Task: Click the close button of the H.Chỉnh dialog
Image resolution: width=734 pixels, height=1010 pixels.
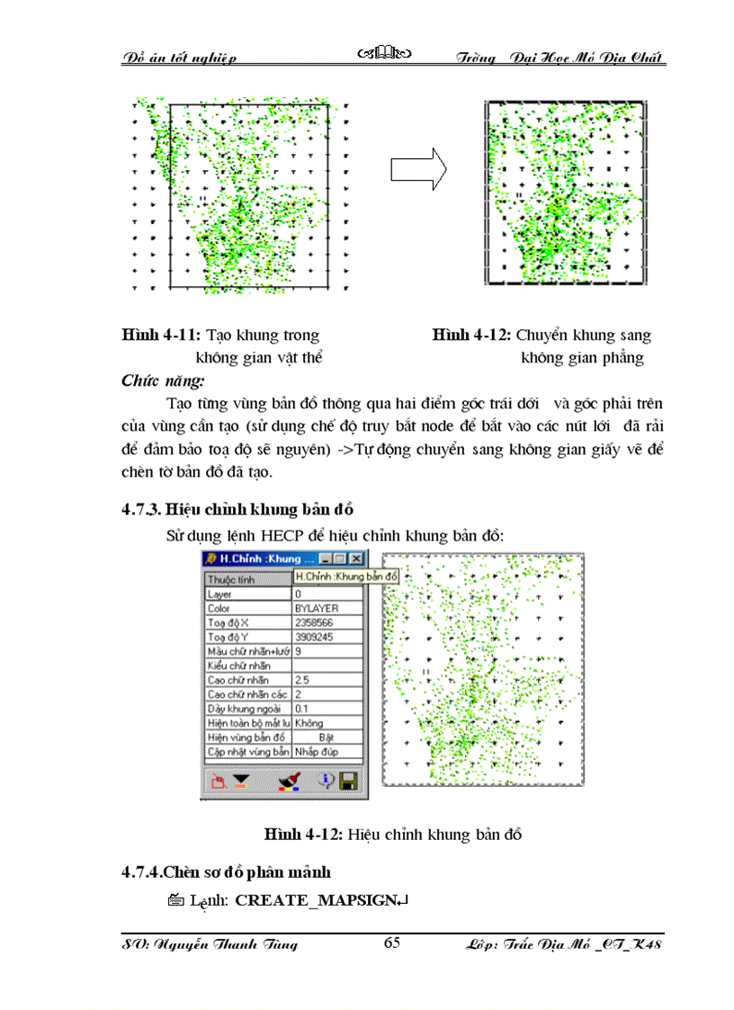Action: [355, 559]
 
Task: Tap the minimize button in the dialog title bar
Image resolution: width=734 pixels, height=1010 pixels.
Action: [327, 559]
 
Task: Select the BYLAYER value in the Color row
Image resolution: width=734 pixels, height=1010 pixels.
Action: [327, 608]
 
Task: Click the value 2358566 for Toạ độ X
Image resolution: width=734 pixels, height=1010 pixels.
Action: [327, 622]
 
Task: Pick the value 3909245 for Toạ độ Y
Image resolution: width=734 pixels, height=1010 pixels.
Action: [327, 637]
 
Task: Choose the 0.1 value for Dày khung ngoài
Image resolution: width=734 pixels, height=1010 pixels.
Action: [327, 709]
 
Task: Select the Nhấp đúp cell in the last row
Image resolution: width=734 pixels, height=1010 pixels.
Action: [327, 751]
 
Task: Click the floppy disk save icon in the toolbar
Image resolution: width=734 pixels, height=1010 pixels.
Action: [348, 781]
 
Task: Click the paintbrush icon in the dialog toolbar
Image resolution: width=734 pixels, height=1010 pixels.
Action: [289, 781]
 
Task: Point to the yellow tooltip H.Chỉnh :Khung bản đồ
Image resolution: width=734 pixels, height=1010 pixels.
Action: [346, 576]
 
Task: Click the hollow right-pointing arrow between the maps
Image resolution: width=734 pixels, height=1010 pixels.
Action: [419, 168]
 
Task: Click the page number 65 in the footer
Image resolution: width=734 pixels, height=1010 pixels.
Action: [391, 943]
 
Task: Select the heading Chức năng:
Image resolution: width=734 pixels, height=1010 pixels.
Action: [163, 380]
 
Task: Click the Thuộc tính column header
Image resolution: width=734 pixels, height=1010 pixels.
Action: [231, 580]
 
